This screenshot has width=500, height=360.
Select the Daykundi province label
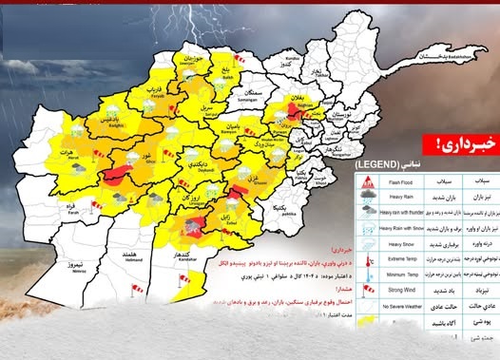click(x=193, y=167)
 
